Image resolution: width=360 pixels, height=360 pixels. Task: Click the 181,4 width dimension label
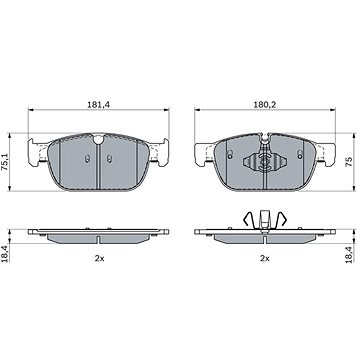tap(99, 104)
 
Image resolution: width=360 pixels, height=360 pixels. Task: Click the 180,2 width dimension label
tap(265, 104)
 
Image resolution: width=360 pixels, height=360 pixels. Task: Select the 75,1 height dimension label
tap(5, 163)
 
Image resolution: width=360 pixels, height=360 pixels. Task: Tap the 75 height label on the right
tap(349, 162)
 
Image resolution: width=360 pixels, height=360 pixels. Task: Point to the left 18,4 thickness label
tap(6, 253)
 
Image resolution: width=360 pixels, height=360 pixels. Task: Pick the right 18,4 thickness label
tap(349, 253)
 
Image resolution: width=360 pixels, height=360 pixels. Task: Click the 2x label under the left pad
tap(99, 258)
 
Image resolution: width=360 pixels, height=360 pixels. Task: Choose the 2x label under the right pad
tap(265, 258)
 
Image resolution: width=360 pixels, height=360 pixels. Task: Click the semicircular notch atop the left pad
tap(99, 140)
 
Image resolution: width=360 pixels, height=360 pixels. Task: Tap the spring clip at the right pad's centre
tap(265, 162)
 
